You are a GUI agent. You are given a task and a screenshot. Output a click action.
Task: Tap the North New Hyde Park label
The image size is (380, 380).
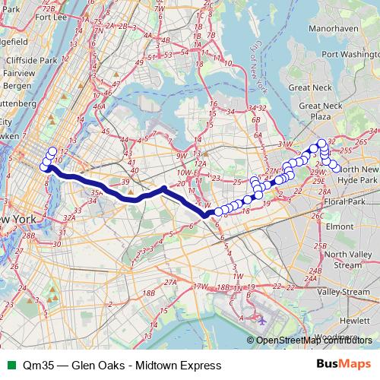coord(357,174)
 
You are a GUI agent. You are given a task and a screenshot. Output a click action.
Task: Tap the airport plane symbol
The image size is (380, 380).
coord(262,320)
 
